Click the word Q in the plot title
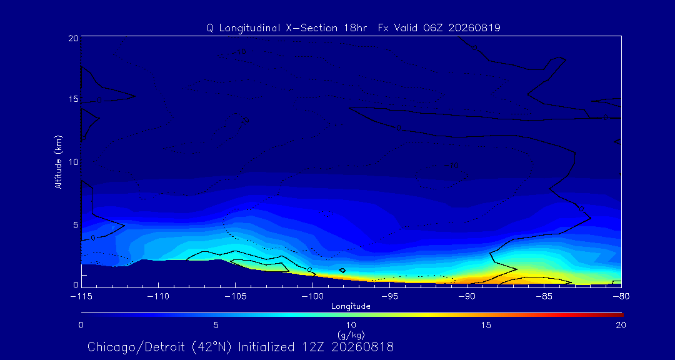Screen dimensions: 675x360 coord(210,28)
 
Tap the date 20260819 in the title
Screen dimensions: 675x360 coord(474,28)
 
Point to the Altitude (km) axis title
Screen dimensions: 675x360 coord(59,162)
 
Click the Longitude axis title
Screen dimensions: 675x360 coord(351,307)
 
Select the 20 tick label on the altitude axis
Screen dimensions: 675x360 coord(73,37)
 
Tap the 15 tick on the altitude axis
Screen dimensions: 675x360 coord(73,99)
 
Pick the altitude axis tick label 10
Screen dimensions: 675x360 coord(73,162)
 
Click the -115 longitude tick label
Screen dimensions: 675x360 coord(81,297)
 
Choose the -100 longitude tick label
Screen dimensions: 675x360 coord(312,297)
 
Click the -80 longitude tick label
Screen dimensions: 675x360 coord(621,297)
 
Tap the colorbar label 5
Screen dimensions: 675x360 coord(216,325)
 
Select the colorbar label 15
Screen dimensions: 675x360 coord(486,325)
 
